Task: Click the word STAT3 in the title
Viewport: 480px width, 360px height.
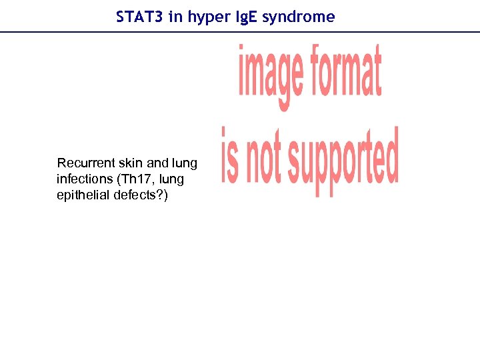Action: (x=139, y=17)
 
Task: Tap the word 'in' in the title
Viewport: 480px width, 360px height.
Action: (x=176, y=17)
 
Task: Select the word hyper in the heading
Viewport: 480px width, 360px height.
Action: (x=208, y=17)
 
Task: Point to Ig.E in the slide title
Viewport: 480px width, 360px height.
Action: (x=245, y=17)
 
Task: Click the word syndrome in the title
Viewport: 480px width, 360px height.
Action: (x=299, y=17)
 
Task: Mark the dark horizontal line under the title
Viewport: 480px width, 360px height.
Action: (x=240, y=31)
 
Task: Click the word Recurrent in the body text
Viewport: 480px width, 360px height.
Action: (x=84, y=163)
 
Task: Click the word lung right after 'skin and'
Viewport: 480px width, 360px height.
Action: (x=185, y=163)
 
